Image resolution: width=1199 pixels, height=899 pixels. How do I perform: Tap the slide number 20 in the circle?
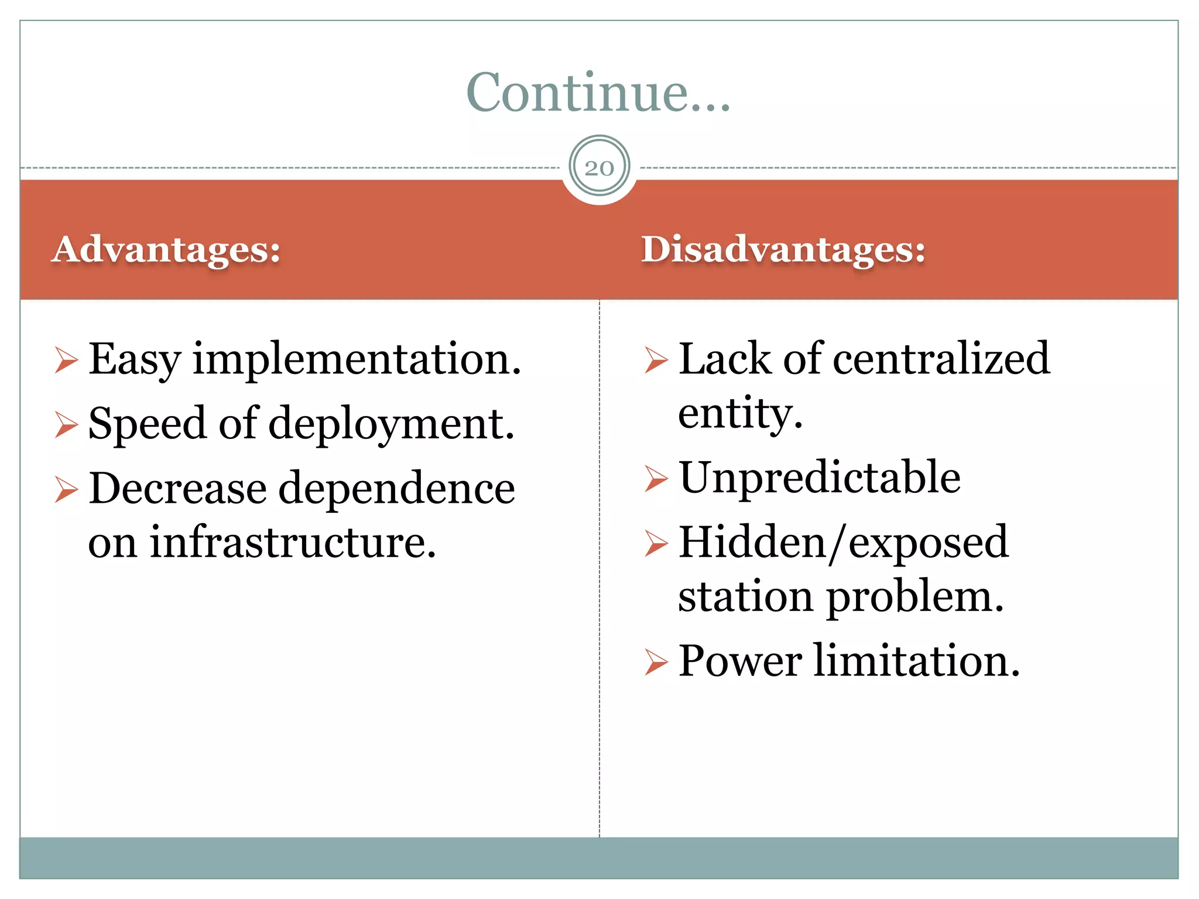point(599,169)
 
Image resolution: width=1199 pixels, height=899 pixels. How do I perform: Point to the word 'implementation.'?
point(357,359)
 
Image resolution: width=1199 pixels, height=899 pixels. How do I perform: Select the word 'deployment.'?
point(391,424)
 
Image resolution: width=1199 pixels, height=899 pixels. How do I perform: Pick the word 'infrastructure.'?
point(293,542)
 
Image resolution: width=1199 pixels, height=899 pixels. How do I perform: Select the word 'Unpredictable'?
point(820,478)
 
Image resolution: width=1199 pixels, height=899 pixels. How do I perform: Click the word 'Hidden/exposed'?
point(844,543)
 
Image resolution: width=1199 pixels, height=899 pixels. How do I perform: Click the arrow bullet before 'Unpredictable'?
point(656,479)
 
